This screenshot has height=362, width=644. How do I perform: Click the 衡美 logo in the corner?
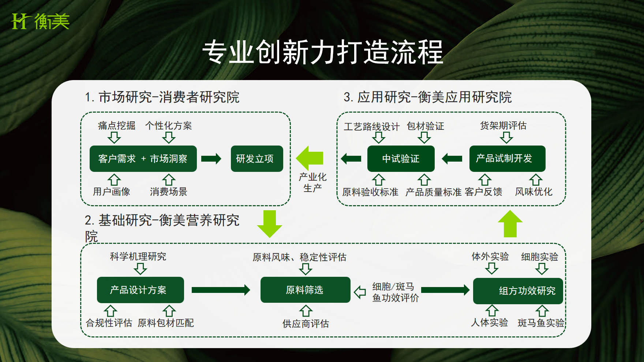pyautogui.click(x=40, y=21)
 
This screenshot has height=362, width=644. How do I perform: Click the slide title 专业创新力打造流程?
pyautogui.click(x=322, y=52)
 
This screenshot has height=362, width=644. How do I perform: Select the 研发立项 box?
pyautogui.click(x=257, y=159)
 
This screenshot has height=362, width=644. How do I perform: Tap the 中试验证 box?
pyautogui.click(x=401, y=159)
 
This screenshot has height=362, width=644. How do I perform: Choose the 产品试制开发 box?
pyautogui.click(x=507, y=159)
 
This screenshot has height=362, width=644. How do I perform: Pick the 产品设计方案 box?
pyautogui.click(x=140, y=290)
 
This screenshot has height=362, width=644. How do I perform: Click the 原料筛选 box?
pyautogui.click(x=305, y=290)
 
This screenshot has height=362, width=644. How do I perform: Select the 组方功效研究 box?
pyautogui.click(x=518, y=291)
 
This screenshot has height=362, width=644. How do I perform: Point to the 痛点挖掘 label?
pyautogui.click(x=116, y=126)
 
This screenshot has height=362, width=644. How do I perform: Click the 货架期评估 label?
pyautogui.click(x=503, y=126)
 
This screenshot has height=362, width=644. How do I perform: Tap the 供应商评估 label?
pyautogui.click(x=306, y=324)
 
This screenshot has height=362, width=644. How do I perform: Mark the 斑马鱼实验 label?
pyautogui.click(x=541, y=323)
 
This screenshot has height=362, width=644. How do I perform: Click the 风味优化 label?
pyautogui.click(x=533, y=192)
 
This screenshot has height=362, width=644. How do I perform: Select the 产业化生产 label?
pyautogui.click(x=312, y=182)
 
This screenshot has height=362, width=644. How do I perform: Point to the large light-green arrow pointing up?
pyautogui.click(x=510, y=223)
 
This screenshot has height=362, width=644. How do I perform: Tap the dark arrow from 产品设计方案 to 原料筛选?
pyautogui.click(x=221, y=290)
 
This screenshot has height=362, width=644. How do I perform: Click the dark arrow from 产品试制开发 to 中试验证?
pyautogui.click(x=452, y=159)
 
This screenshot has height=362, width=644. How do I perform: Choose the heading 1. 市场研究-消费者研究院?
pyautogui.click(x=162, y=97)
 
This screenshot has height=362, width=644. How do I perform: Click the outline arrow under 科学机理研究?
pyautogui.click(x=140, y=269)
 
